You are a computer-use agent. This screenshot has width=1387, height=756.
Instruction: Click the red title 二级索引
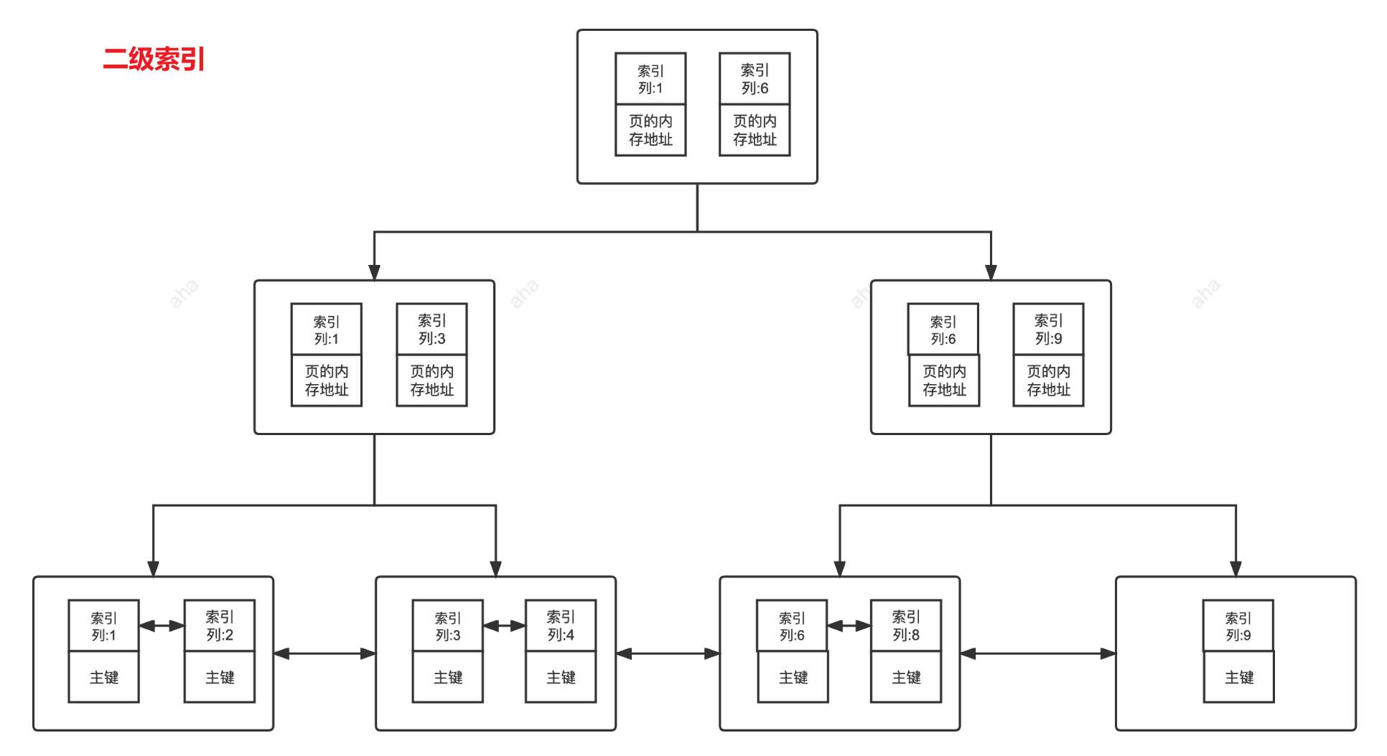pyautogui.click(x=154, y=59)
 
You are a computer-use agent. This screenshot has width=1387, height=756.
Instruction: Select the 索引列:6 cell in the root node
pyautogui.click(x=755, y=79)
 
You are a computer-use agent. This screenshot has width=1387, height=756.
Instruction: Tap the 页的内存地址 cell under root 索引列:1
pyautogui.click(x=650, y=130)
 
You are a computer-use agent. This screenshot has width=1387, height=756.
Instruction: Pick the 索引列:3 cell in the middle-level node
pyautogui.click(x=432, y=330)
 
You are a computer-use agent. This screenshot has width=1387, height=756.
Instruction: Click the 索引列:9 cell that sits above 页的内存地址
pyautogui.click(x=1048, y=330)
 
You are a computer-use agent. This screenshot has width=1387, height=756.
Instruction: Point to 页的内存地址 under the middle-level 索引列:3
pyautogui.click(x=432, y=381)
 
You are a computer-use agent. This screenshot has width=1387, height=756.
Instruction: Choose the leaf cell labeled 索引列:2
pyautogui.click(x=220, y=626)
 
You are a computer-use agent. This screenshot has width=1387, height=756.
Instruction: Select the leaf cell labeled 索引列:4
pyautogui.click(x=561, y=626)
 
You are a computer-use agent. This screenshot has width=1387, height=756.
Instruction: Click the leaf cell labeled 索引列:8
pyautogui.click(x=906, y=626)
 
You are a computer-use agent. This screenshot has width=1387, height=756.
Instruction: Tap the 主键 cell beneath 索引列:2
pyautogui.click(x=220, y=677)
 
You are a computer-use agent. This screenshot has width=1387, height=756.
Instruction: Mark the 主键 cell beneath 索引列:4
pyautogui.click(x=561, y=677)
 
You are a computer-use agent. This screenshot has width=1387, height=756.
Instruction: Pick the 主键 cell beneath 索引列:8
pyautogui.click(x=906, y=677)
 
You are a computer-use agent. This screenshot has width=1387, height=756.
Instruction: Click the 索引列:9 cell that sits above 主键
pyautogui.click(x=1238, y=626)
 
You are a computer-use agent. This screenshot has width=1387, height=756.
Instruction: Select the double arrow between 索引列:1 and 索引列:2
pyautogui.click(x=162, y=626)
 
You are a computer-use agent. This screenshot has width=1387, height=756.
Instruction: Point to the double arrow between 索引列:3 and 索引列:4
pyautogui.click(x=504, y=626)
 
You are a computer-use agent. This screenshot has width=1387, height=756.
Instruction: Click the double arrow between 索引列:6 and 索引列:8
pyautogui.click(x=849, y=626)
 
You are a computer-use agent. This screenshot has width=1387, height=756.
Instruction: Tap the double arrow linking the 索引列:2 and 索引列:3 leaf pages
pyautogui.click(x=324, y=653)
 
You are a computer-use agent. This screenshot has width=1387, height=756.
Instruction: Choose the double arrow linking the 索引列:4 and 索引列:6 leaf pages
pyautogui.click(x=668, y=653)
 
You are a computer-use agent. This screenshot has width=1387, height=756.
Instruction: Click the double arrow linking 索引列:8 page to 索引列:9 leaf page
pyautogui.click(x=1038, y=653)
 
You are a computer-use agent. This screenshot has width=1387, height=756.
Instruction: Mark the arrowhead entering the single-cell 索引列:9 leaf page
pyautogui.click(x=1236, y=569)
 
